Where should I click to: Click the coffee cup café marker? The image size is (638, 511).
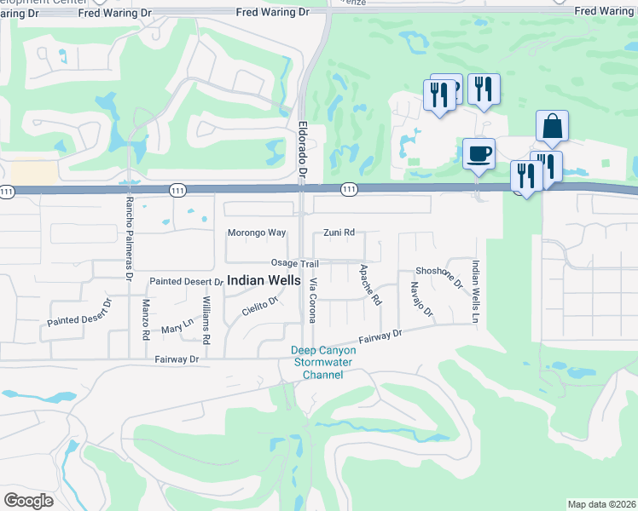coord(478,154)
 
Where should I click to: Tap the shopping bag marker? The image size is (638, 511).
coord(553,127)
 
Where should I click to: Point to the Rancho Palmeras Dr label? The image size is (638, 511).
coord(130,227)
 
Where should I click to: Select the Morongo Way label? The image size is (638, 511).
coord(256,233)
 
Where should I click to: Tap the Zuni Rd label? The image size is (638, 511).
coord(339,233)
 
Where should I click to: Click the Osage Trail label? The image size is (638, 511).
coord(294,263)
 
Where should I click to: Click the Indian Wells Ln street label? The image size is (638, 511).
coord(475,291)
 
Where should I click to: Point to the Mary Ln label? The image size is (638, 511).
coord(177,324)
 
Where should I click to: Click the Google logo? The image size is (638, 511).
coord(28,501)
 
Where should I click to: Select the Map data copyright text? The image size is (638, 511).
coord(602,504)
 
